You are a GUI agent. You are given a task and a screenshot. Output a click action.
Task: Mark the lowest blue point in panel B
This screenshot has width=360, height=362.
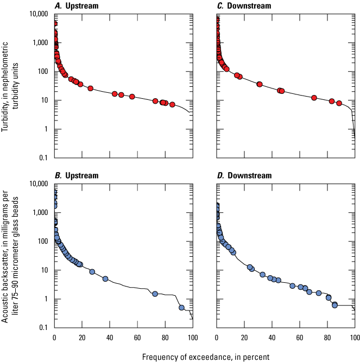click(x=181, y=308)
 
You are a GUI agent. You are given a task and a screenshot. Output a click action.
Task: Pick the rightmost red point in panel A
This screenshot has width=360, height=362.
click(x=172, y=104)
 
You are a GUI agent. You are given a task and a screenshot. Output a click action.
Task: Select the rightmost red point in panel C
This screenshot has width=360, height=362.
click(x=339, y=103)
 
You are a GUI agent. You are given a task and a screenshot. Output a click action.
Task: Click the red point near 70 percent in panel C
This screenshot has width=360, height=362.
click(x=314, y=98)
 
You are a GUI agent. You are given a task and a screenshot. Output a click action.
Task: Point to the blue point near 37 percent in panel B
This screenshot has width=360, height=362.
click(x=105, y=279)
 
